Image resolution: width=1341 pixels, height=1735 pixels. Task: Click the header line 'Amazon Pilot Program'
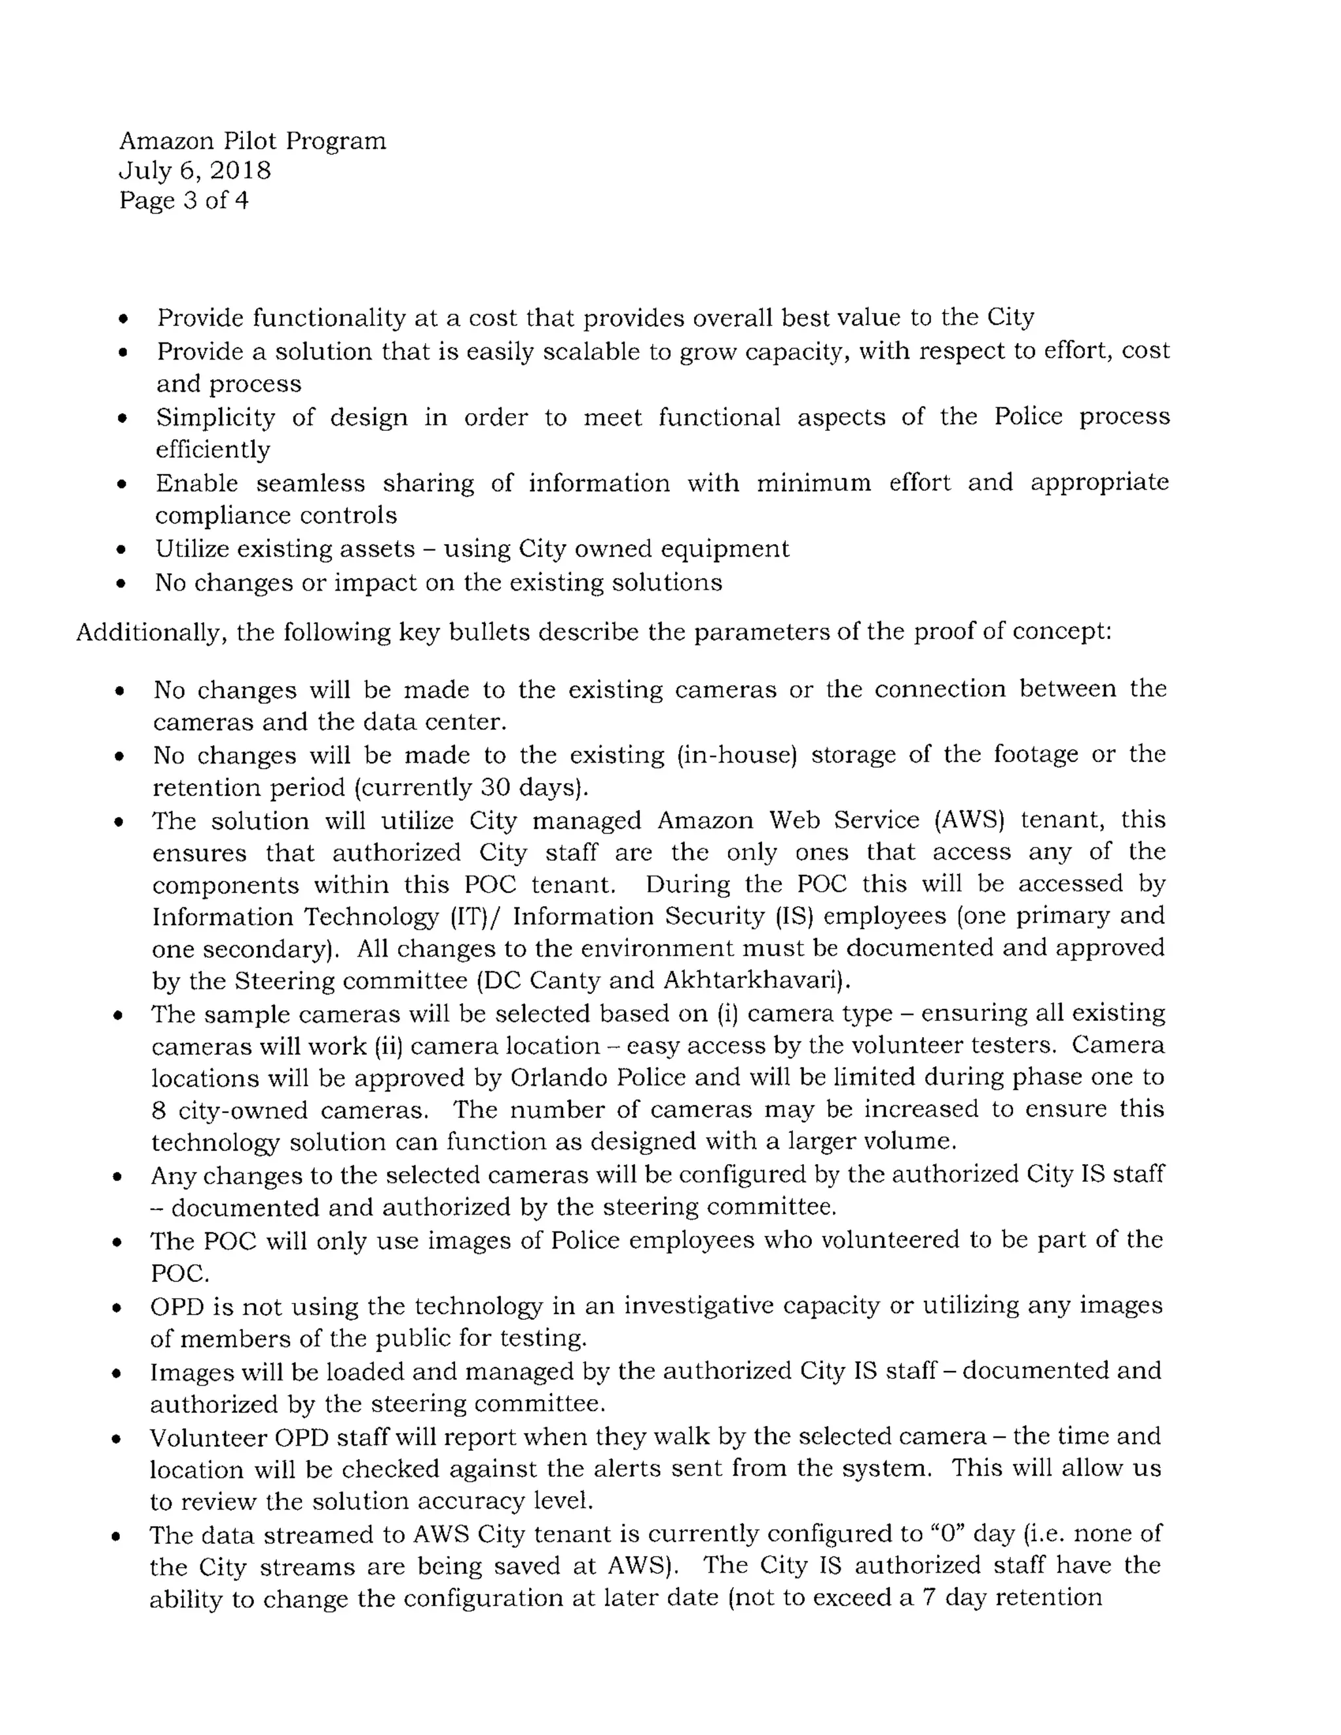(x=253, y=141)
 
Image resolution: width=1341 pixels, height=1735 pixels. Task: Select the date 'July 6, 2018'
(x=195, y=171)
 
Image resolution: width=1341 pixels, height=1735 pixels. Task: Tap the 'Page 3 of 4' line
(x=183, y=200)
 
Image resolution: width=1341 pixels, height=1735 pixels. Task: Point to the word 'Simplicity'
(x=215, y=417)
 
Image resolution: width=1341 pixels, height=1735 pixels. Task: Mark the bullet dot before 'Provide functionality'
(x=122, y=320)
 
